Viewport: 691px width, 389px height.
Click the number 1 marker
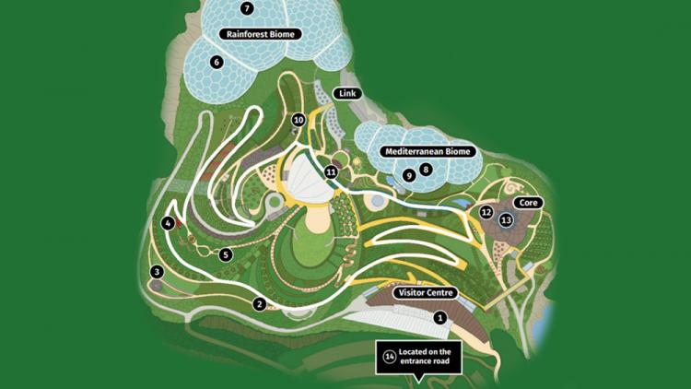(440, 318)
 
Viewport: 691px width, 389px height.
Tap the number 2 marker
(260, 304)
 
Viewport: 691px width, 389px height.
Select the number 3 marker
(158, 272)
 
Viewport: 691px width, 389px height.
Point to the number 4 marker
(168, 223)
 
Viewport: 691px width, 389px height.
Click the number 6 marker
(217, 63)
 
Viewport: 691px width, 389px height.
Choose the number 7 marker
(246, 8)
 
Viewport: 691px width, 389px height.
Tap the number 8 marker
(426, 170)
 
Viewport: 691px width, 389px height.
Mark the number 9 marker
(409, 175)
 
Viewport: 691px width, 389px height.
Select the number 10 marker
(299, 120)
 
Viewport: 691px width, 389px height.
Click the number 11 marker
(331, 171)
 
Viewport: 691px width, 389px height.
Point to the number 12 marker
(486, 212)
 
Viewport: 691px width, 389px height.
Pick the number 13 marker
(506, 220)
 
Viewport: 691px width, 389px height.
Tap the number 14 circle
(390, 358)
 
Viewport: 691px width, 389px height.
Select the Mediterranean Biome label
(427, 151)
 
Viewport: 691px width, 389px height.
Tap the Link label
(347, 93)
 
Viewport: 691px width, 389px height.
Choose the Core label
(528, 202)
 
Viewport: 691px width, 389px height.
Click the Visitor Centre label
(426, 293)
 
